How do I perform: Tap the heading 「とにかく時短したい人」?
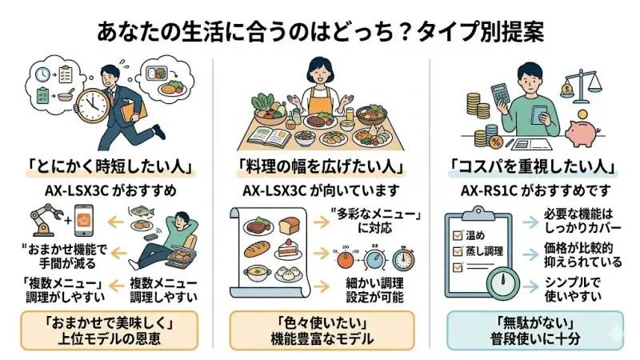point(106,170)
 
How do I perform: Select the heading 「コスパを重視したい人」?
point(533,170)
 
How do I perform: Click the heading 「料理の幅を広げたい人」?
point(320,170)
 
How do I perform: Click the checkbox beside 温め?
point(459,234)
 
